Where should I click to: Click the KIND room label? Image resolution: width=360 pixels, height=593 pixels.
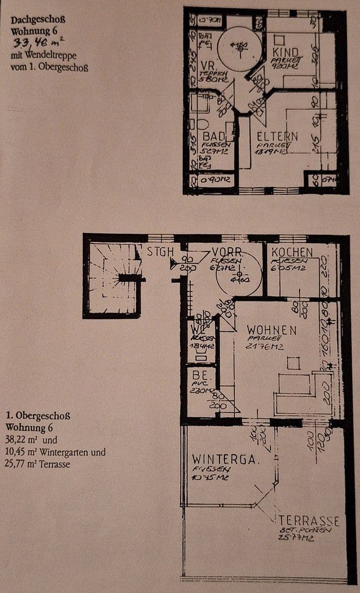point(285,53)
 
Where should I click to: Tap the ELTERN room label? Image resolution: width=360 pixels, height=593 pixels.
point(277,136)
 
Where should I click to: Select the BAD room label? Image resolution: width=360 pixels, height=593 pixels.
point(214,136)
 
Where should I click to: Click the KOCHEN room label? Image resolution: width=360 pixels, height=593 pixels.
point(292,252)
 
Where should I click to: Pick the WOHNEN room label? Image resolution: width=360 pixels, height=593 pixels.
point(272,331)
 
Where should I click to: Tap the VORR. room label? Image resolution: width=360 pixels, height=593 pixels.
point(227,252)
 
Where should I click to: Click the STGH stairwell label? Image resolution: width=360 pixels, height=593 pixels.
point(160,252)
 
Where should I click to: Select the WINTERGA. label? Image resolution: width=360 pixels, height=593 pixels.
point(224,459)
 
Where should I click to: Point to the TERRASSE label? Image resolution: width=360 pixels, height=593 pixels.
point(308,521)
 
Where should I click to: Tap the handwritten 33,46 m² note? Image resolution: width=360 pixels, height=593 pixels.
point(33,44)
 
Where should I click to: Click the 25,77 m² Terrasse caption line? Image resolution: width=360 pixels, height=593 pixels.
point(38,464)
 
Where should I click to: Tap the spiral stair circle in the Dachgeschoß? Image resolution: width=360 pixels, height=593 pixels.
point(240,48)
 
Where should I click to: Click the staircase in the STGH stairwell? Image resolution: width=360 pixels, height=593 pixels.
point(113,277)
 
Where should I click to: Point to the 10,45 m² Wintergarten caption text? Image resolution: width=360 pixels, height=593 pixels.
point(55,452)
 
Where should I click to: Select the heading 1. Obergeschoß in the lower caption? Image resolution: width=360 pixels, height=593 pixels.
point(38,416)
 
